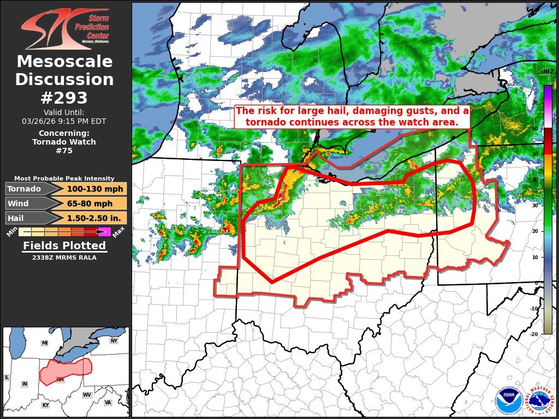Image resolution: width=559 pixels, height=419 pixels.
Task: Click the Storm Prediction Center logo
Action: [x=65, y=27]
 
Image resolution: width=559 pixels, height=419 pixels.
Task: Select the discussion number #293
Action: [x=64, y=98]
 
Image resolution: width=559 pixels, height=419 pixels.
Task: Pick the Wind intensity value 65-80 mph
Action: [x=90, y=203]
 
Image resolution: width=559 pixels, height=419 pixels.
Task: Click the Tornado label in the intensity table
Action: [x=24, y=189]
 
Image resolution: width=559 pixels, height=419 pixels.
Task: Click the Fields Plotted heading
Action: [x=64, y=246]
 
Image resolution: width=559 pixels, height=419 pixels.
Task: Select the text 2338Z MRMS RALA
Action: [x=64, y=258]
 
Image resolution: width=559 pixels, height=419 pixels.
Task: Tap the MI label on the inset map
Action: [x=45, y=343]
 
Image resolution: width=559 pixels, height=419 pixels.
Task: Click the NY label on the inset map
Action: [x=114, y=341]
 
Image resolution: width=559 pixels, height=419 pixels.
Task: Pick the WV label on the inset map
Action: [x=87, y=394]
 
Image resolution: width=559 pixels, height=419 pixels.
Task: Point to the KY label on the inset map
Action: [x=45, y=405]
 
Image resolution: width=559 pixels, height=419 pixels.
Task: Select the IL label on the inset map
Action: [x=7, y=377]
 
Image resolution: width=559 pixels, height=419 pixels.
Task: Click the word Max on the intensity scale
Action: [x=119, y=232]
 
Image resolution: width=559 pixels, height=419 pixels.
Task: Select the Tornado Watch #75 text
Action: [x=64, y=146]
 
